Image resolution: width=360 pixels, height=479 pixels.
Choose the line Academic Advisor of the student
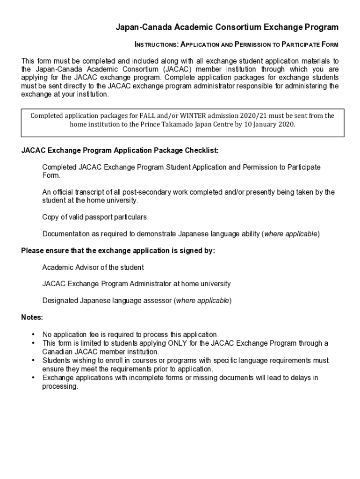[93, 268]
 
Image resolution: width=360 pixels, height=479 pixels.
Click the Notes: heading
[32, 317]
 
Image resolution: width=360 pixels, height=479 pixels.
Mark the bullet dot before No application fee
[33, 334]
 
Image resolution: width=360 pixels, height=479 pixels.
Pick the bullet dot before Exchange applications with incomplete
[33, 377]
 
